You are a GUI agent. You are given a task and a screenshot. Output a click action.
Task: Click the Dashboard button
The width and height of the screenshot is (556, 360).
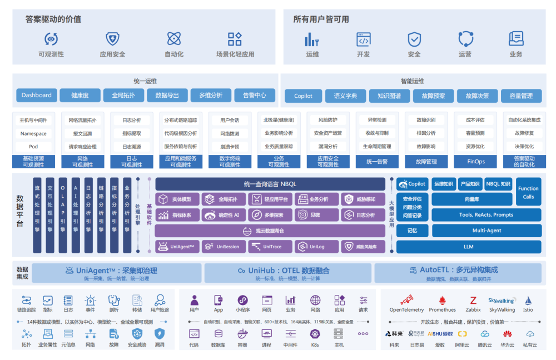coord(37,96)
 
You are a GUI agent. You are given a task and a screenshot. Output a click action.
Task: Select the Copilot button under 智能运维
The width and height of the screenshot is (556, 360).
coord(303,96)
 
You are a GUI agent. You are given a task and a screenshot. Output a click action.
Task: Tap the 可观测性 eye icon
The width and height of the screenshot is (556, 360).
coord(51,39)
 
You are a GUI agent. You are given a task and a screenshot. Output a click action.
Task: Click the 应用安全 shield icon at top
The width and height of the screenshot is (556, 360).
coord(112,39)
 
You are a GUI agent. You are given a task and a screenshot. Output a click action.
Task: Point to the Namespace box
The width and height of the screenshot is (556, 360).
coord(33,134)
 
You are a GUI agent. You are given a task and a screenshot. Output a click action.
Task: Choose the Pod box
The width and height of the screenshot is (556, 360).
coord(33,147)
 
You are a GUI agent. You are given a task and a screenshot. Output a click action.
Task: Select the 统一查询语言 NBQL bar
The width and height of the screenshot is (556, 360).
coord(270,184)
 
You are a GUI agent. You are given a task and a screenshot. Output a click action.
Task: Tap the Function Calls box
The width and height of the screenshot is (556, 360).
coord(528,192)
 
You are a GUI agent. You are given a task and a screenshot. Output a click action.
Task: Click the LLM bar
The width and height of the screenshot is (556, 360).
coord(469,247)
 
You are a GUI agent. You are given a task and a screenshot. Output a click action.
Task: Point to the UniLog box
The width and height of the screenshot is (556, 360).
coord(315,247)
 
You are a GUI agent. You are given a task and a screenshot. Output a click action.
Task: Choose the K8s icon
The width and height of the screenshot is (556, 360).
coord(315,334)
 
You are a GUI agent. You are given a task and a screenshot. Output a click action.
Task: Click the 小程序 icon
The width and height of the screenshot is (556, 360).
coord(242,301)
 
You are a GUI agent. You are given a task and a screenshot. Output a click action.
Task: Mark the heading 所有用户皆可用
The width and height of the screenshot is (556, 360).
coord(321,19)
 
